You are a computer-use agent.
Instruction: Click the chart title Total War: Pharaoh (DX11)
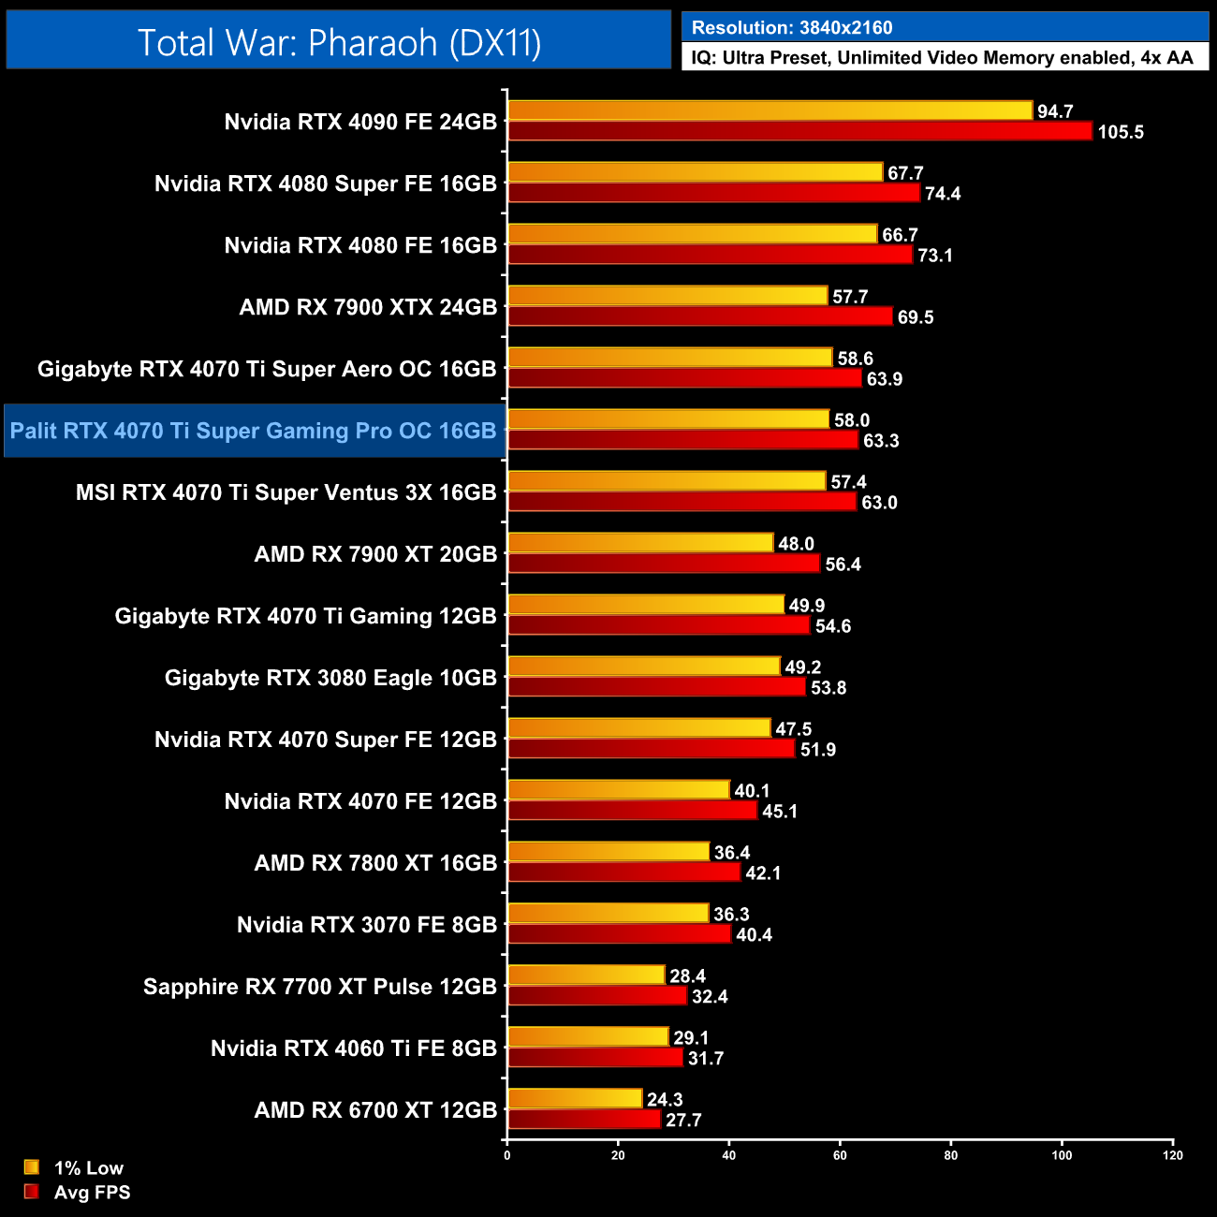(339, 43)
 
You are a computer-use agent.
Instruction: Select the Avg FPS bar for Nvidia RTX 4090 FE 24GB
(799, 131)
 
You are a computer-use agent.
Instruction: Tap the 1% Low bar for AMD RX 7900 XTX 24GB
(667, 296)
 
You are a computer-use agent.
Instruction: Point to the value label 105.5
(1121, 132)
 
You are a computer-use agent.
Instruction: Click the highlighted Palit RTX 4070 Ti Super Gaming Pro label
(254, 431)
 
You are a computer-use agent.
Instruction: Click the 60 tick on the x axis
(840, 1155)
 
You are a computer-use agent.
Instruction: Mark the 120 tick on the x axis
(1173, 1155)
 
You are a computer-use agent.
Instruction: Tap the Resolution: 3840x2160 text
(792, 27)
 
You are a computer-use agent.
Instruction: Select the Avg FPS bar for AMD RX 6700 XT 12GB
(584, 1120)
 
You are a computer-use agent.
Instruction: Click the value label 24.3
(665, 1099)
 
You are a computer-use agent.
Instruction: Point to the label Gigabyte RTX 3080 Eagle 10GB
(330, 678)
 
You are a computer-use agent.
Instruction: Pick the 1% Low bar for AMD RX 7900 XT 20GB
(640, 543)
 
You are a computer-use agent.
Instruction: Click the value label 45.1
(780, 811)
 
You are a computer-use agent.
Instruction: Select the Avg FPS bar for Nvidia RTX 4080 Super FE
(713, 193)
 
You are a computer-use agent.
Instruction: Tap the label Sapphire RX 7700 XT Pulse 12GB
(320, 987)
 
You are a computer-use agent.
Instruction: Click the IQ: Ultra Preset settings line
(942, 58)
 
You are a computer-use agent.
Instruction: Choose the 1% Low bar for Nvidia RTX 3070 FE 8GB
(608, 914)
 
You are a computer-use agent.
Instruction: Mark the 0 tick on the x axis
(507, 1155)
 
